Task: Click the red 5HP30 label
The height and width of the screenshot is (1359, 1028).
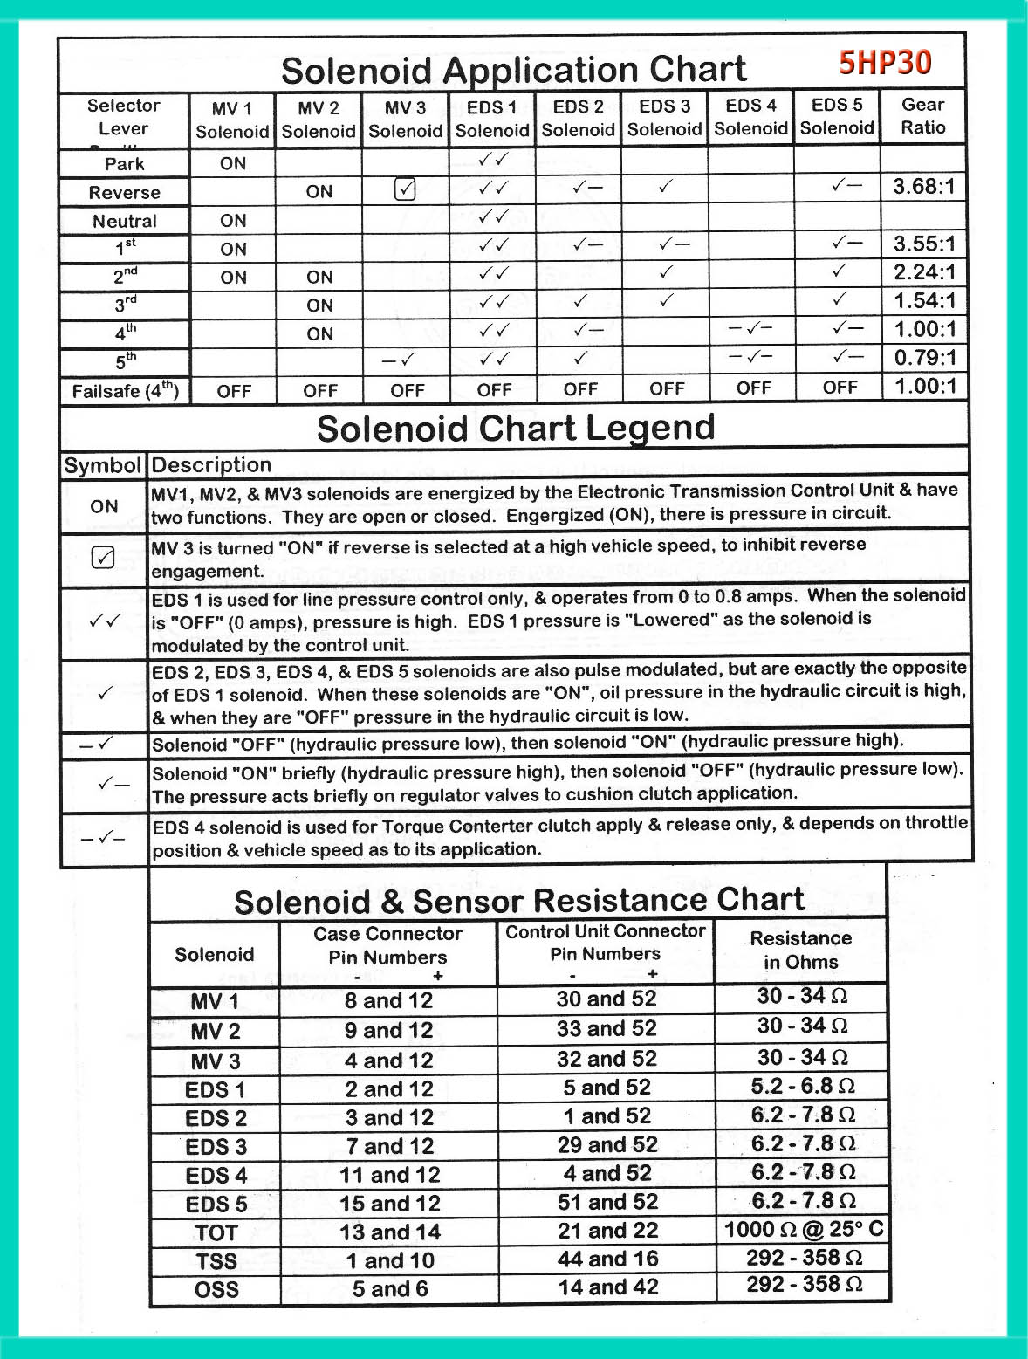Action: [x=885, y=63]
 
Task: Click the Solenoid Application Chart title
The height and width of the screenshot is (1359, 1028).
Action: [x=513, y=70]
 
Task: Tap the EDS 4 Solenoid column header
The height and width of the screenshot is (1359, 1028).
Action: [x=750, y=117]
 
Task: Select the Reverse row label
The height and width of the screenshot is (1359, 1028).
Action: [x=125, y=193]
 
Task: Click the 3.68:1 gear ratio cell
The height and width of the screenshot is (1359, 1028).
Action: [x=923, y=187]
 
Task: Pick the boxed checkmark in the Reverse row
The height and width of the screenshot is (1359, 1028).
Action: [x=405, y=189]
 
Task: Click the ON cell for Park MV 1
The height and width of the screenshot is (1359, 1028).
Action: [x=233, y=163]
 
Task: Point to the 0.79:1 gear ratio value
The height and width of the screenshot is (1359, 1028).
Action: [x=924, y=357]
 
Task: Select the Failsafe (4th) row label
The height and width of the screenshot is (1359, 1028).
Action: [x=125, y=390]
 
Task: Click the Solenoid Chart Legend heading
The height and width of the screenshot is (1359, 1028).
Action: [x=515, y=429]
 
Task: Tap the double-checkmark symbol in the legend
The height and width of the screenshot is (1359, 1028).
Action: [x=104, y=621]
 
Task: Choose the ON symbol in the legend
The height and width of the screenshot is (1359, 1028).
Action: [x=104, y=506]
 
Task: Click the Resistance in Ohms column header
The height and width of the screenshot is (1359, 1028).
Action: [x=800, y=951]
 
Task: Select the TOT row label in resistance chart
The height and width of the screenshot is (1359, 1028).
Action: [x=216, y=1232]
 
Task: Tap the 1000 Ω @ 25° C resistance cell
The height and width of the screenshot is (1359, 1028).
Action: [x=803, y=1230]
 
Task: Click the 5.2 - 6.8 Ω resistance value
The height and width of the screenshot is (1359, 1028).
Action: [x=802, y=1087]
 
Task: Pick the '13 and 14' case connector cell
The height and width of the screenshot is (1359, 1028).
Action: [x=389, y=1232]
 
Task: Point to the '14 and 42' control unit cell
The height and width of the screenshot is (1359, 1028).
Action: [x=607, y=1287]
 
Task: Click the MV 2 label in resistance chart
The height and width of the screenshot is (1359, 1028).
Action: [x=215, y=1032]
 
